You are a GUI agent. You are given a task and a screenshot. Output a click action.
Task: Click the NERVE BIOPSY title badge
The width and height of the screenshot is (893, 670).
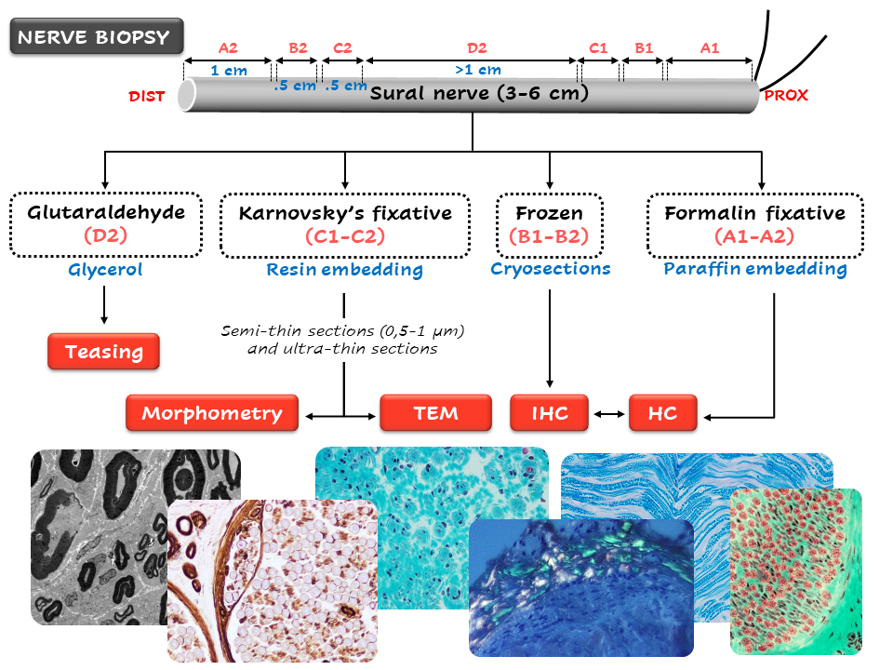click(94, 38)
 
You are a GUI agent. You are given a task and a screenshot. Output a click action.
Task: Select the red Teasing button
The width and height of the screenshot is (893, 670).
click(103, 352)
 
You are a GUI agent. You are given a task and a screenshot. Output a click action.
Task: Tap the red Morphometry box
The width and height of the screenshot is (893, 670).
click(212, 413)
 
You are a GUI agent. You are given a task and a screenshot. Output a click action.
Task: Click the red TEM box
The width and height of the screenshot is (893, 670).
click(435, 413)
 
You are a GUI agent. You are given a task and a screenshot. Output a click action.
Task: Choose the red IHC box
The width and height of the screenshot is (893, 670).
click(551, 413)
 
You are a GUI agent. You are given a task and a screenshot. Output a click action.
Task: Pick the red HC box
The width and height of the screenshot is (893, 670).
click(662, 413)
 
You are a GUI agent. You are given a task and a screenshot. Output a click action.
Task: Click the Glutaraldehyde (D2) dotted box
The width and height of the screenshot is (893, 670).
click(105, 223)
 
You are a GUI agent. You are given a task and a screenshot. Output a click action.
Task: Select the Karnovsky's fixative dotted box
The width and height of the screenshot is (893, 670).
click(345, 223)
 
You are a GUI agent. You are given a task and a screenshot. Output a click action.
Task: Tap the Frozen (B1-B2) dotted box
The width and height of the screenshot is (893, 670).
click(550, 223)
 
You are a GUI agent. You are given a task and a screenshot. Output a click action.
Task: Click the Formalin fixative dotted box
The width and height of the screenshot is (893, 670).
click(754, 223)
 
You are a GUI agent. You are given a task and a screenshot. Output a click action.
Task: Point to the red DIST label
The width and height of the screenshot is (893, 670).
click(146, 96)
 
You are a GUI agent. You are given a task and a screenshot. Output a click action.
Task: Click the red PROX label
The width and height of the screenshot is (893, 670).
click(786, 95)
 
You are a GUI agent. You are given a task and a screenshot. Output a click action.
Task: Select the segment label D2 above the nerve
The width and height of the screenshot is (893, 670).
click(476, 47)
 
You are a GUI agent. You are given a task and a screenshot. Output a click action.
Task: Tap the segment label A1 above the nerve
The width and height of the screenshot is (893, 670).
click(709, 47)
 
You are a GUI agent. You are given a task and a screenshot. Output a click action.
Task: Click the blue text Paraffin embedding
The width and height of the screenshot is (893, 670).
click(755, 269)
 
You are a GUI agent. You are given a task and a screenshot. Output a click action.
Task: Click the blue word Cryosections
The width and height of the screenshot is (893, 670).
click(551, 269)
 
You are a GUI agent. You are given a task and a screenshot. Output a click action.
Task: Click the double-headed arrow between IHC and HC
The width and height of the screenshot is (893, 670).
click(610, 413)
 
